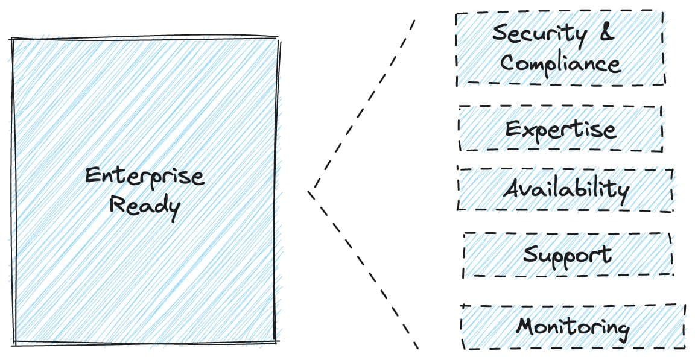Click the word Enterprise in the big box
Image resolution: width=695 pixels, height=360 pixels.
tap(144, 177)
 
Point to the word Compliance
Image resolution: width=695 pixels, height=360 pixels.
tap(560, 63)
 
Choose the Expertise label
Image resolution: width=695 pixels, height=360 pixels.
tap(560, 130)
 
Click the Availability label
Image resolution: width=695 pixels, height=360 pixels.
tap(566, 189)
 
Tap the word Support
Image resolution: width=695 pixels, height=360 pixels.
tap(566, 255)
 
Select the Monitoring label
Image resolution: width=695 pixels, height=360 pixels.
tap(573, 327)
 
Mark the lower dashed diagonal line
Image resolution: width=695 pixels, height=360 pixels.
tap(364, 271)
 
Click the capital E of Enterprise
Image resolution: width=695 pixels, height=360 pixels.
tap(92, 176)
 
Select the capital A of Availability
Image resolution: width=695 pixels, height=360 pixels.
tap(513, 189)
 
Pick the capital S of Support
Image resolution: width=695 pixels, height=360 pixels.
tap(530, 253)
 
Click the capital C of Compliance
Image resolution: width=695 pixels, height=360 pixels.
tap(508, 63)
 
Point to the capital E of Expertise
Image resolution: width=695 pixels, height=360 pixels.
tap(513, 129)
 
